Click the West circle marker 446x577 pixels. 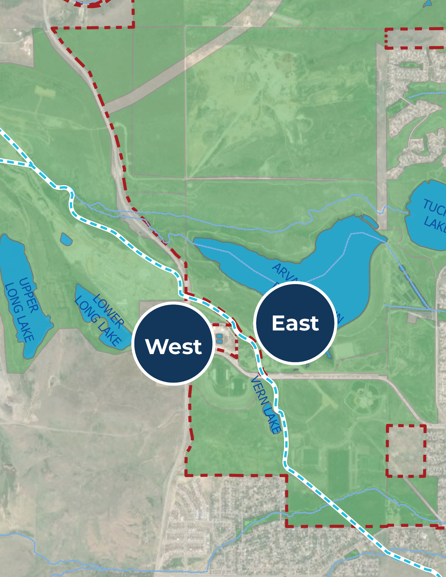tap(173, 344)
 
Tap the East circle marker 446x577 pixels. tap(295, 323)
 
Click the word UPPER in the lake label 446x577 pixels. tap(29, 295)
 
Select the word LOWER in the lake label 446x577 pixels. tap(108, 312)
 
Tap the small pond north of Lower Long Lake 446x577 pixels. tap(66, 239)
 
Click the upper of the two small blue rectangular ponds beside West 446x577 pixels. tap(219, 336)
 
